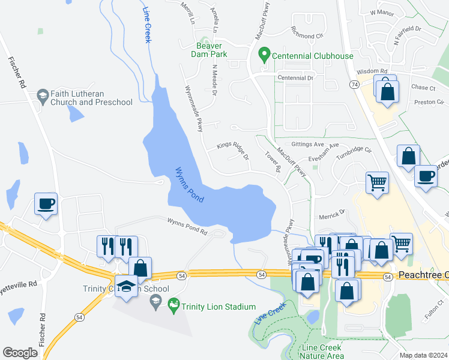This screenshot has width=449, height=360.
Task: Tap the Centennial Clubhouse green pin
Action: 263,55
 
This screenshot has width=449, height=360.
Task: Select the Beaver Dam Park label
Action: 209,50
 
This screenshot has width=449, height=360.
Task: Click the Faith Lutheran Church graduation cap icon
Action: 43,95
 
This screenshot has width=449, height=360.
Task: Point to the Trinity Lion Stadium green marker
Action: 174,305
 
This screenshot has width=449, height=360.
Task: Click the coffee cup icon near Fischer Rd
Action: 46,204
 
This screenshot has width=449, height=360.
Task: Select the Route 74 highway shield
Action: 355,85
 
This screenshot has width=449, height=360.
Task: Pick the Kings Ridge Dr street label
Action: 233,150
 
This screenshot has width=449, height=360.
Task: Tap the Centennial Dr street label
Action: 295,78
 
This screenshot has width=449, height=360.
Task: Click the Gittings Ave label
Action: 307,145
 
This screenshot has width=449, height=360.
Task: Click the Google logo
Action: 20,353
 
